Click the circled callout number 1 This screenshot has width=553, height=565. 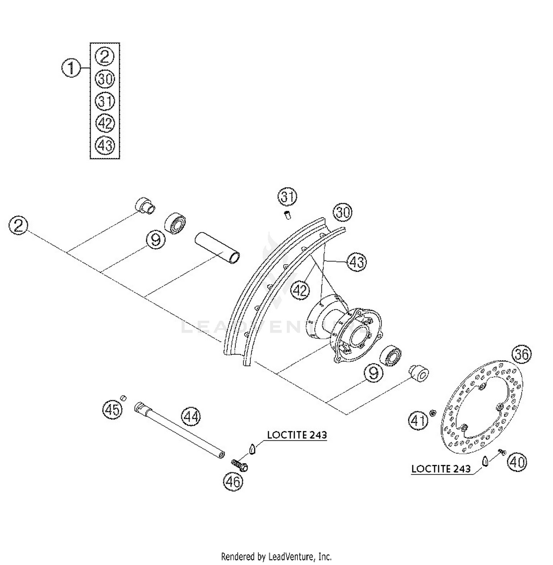[x=71, y=69]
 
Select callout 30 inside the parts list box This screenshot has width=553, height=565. [x=105, y=79]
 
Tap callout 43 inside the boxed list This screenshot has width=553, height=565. [x=105, y=145]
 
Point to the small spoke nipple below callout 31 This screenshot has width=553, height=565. [x=288, y=214]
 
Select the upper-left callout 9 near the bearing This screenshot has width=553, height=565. [x=156, y=240]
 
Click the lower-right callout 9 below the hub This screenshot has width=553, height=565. [x=373, y=373]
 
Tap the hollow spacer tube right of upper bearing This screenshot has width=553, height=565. [x=218, y=248]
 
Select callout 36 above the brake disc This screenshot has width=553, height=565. [x=522, y=354]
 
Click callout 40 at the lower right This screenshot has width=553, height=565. [x=517, y=462]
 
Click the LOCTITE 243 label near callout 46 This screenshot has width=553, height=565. [x=297, y=435]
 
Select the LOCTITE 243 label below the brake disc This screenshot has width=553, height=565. [x=441, y=469]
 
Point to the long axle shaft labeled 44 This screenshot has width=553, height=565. [x=181, y=430]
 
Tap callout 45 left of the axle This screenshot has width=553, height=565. [x=112, y=409]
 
